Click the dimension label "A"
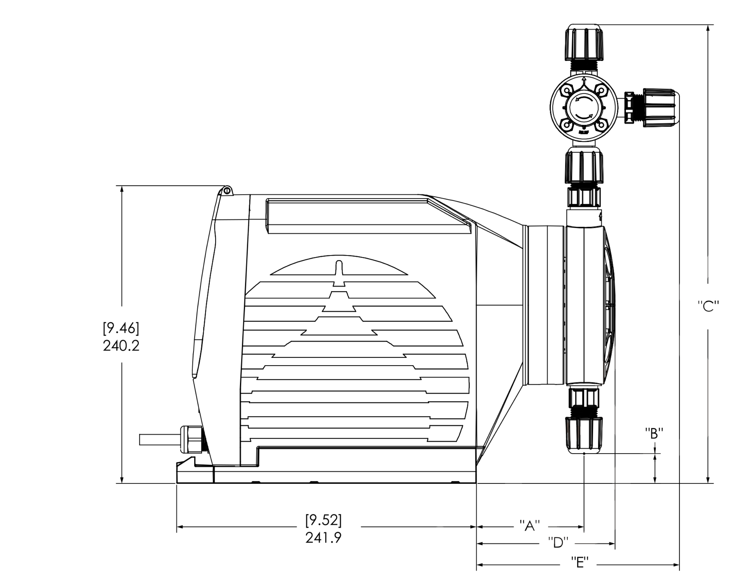530,526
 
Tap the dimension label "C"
708,306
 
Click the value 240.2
121,346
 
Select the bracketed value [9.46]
121,328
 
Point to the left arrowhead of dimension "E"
480,565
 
